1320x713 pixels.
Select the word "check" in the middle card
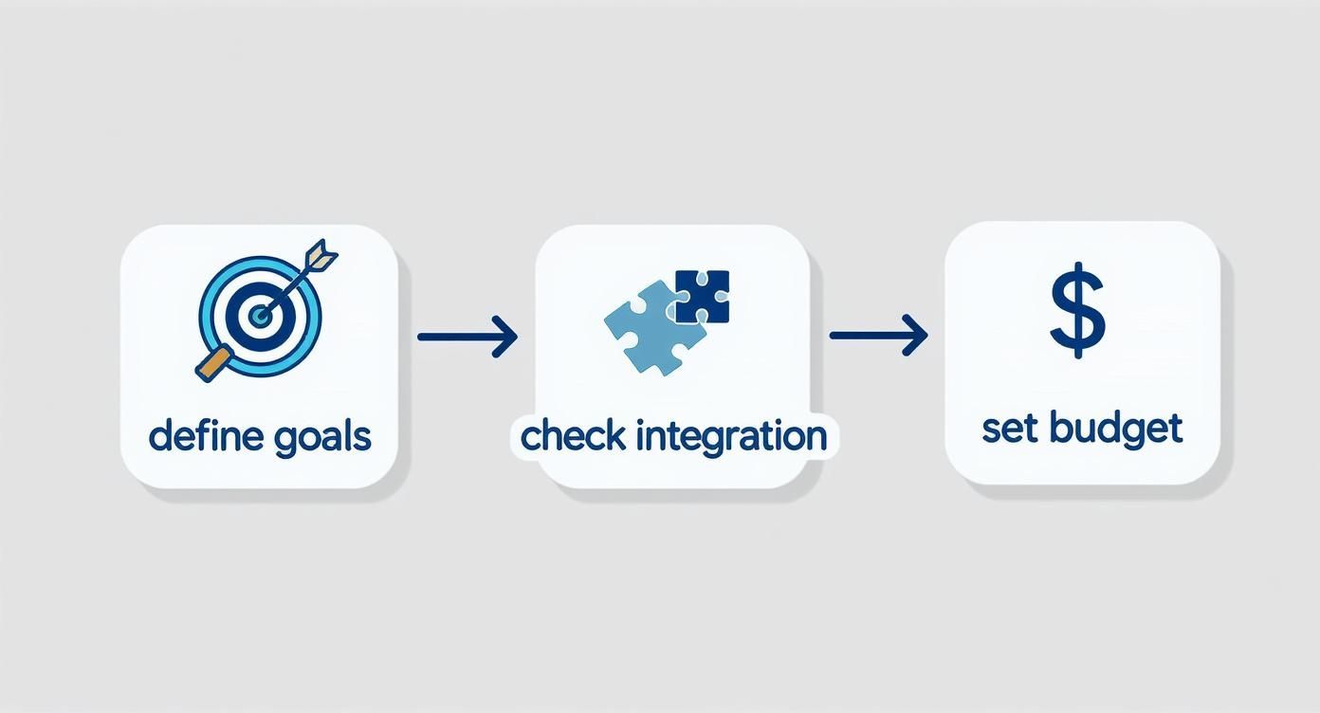(573, 436)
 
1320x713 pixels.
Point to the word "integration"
(731, 437)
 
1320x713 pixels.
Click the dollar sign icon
(1077, 312)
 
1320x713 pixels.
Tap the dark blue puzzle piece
(702, 297)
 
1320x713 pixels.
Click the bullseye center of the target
(258, 316)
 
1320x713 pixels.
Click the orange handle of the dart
(211, 364)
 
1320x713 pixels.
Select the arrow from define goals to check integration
(467, 336)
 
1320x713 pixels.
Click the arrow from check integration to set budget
(878, 336)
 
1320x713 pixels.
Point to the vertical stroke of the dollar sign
(1077, 347)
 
